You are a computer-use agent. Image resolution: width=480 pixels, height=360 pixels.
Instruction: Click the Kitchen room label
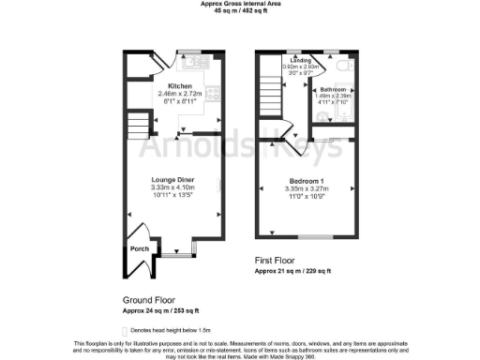coord(180,85)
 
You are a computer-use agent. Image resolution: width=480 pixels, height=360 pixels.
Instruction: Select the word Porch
coord(139,249)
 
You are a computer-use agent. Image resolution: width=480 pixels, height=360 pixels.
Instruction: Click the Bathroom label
coord(331,90)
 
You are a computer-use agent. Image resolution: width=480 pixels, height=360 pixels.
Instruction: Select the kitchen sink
coord(197,65)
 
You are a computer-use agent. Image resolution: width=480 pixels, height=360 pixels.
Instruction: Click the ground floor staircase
coord(138,126)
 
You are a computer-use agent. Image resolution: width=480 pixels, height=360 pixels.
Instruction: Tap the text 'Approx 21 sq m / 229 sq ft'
coord(292,271)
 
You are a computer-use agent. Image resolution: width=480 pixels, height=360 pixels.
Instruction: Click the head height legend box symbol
coord(125,331)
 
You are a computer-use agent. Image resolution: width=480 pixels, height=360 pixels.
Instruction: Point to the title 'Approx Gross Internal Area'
coord(239,4)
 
